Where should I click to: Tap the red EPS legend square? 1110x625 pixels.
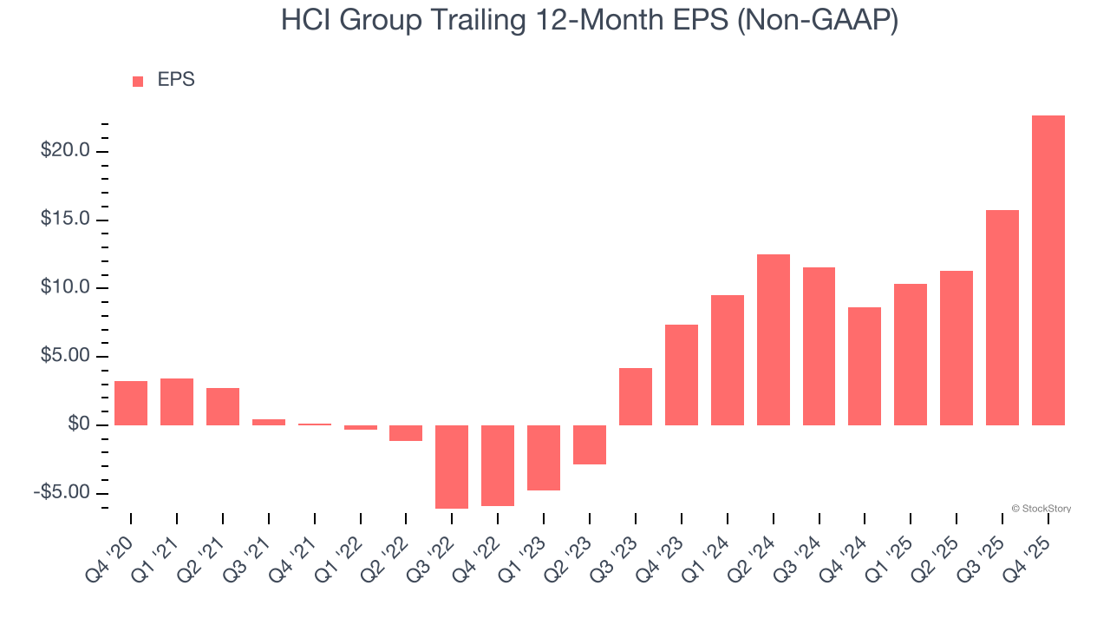[x=138, y=82]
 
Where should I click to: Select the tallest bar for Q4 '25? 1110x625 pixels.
[x=1048, y=270]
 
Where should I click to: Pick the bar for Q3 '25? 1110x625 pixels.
[x=1002, y=318]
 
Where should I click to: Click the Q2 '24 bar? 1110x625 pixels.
[x=774, y=339]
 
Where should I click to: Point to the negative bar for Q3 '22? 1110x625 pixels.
[x=452, y=466]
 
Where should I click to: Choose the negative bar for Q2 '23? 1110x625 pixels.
[x=590, y=444]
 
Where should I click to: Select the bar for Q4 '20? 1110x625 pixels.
[x=131, y=403]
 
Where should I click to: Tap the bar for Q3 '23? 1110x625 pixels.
[x=636, y=397]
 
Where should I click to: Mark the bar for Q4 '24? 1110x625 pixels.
[x=865, y=366]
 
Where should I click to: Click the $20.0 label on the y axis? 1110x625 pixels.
[x=66, y=151]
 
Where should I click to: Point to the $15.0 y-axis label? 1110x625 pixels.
[x=66, y=220]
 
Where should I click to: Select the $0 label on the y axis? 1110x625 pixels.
[x=80, y=424]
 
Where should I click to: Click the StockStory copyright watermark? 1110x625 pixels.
[x=1041, y=509]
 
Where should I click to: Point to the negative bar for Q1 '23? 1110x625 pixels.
[x=544, y=457]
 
